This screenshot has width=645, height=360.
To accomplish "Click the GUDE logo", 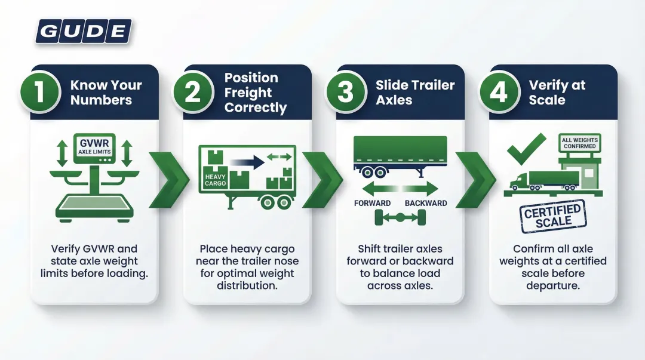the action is [x=83, y=31].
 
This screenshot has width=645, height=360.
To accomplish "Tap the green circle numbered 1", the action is [x=39, y=93].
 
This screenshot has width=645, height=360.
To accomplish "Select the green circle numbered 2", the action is [x=193, y=93].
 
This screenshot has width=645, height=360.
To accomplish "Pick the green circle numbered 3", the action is [x=346, y=93].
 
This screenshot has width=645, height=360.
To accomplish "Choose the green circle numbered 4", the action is [x=499, y=93].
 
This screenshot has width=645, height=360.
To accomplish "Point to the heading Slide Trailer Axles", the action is [x=415, y=93].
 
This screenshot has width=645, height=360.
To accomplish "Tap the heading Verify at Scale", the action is [x=557, y=93].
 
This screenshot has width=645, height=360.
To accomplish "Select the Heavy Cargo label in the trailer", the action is [x=216, y=180].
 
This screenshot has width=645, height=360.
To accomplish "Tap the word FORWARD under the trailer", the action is [x=372, y=203].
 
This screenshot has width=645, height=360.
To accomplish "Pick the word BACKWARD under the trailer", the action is [x=426, y=203].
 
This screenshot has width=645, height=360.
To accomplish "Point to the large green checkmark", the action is [x=526, y=149].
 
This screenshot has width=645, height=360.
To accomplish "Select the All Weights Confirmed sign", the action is [x=579, y=143].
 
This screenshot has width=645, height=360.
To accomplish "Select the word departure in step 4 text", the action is [x=552, y=285].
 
